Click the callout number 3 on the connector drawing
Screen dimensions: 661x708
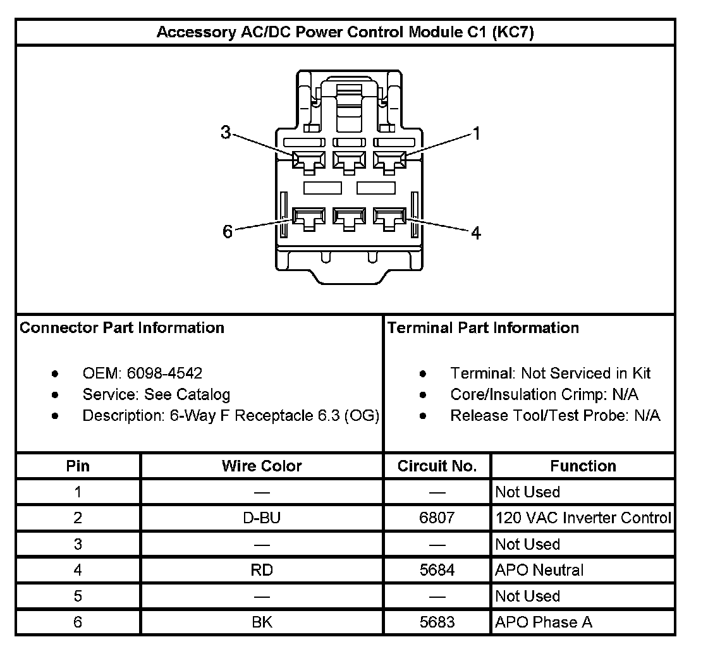[226, 132]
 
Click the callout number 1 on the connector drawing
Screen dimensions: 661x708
[477, 133]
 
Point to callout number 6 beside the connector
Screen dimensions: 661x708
[228, 232]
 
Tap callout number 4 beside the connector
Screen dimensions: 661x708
[476, 233]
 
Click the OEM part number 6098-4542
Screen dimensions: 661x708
[169, 373]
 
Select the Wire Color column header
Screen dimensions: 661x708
[262, 466]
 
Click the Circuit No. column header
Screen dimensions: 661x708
[437, 466]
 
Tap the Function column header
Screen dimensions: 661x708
[583, 466]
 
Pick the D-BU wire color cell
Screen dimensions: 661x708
[262, 518]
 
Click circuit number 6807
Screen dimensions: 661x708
[437, 518]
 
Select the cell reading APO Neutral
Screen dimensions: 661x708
[539, 570]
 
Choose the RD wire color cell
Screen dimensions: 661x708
[262, 570]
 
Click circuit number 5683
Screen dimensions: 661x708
[437, 622]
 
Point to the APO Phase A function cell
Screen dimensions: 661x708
[544, 622]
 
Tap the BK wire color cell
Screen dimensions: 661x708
[262, 622]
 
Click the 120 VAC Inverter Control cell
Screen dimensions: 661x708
[583, 518]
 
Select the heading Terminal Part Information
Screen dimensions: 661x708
[483, 327]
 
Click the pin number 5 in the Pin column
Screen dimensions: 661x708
[78, 596]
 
